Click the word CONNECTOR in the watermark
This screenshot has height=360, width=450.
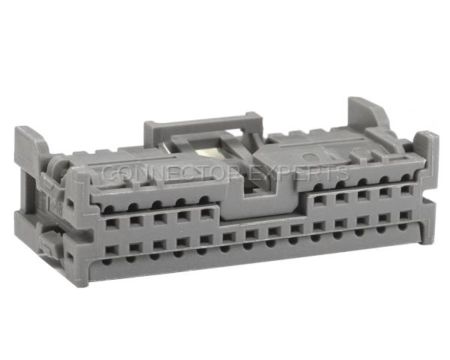tap(170, 172)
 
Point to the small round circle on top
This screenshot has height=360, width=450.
tap(310, 157)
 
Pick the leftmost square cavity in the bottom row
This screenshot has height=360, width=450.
tap(112, 250)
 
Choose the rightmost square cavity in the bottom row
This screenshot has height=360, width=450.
tap(406, 215)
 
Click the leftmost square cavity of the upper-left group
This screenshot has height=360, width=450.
tap(112, 223)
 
